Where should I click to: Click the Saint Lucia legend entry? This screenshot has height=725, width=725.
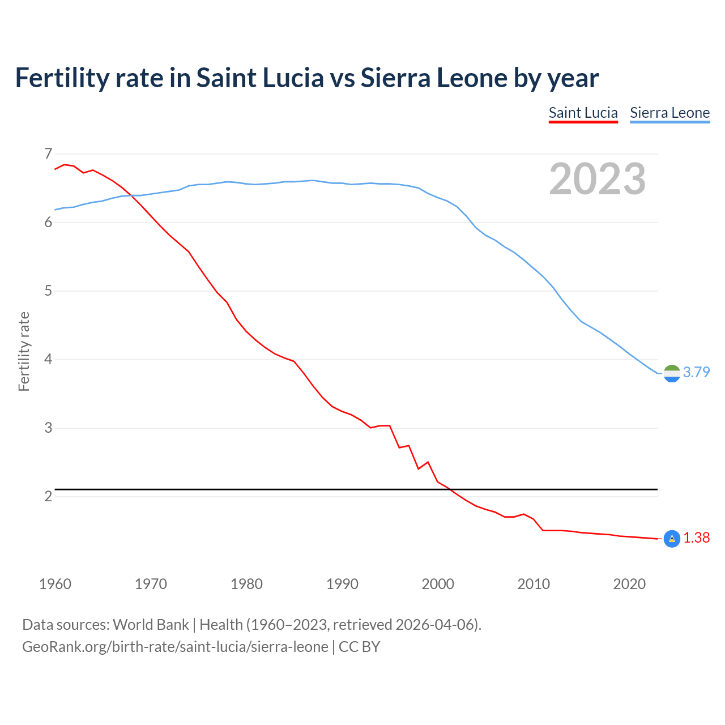[x=583, y=113]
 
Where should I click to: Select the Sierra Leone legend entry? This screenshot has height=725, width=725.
[x=669, y=113]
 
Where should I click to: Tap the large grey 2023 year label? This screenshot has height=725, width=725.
[x=597, y=179]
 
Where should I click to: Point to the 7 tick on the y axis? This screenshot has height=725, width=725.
[x=48, y=153]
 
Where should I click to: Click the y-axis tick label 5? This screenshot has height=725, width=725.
[x=48, y=291]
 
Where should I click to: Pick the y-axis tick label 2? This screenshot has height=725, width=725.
[x=48, y=496]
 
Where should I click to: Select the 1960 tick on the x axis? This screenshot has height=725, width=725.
[x=55, y=584]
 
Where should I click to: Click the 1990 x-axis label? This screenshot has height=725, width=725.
[x=342, y=584]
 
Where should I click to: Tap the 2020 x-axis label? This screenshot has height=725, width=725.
[x=629, y=584]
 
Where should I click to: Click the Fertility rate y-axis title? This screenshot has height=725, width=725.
[x=24, y=351]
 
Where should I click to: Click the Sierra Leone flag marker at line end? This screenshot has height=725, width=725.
[x=671, y=373]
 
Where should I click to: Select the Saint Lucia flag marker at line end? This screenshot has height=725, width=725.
[x=671, y=539]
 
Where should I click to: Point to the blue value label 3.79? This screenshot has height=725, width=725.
[x=696, y=372]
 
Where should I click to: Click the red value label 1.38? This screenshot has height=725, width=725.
[x=696, y=538]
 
